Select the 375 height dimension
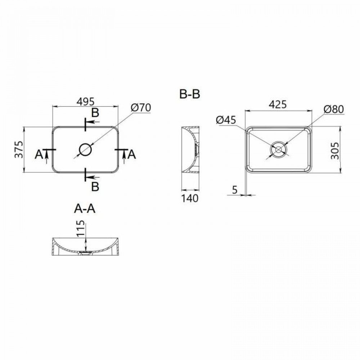(19, 149)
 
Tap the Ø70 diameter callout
(141, 107)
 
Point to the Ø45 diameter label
(226, 120)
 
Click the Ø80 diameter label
(333, 109)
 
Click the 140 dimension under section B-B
(190, 198)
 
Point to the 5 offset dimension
(235, 190)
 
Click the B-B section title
(190, 94)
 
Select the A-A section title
(85, 208)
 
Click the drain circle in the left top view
(86, 149)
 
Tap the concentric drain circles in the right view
(279, 149)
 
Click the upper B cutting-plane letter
(95, 113)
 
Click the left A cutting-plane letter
(39, 155)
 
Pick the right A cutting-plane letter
(132, 155)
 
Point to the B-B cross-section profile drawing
(190, 149)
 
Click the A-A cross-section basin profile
(86, 247)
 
